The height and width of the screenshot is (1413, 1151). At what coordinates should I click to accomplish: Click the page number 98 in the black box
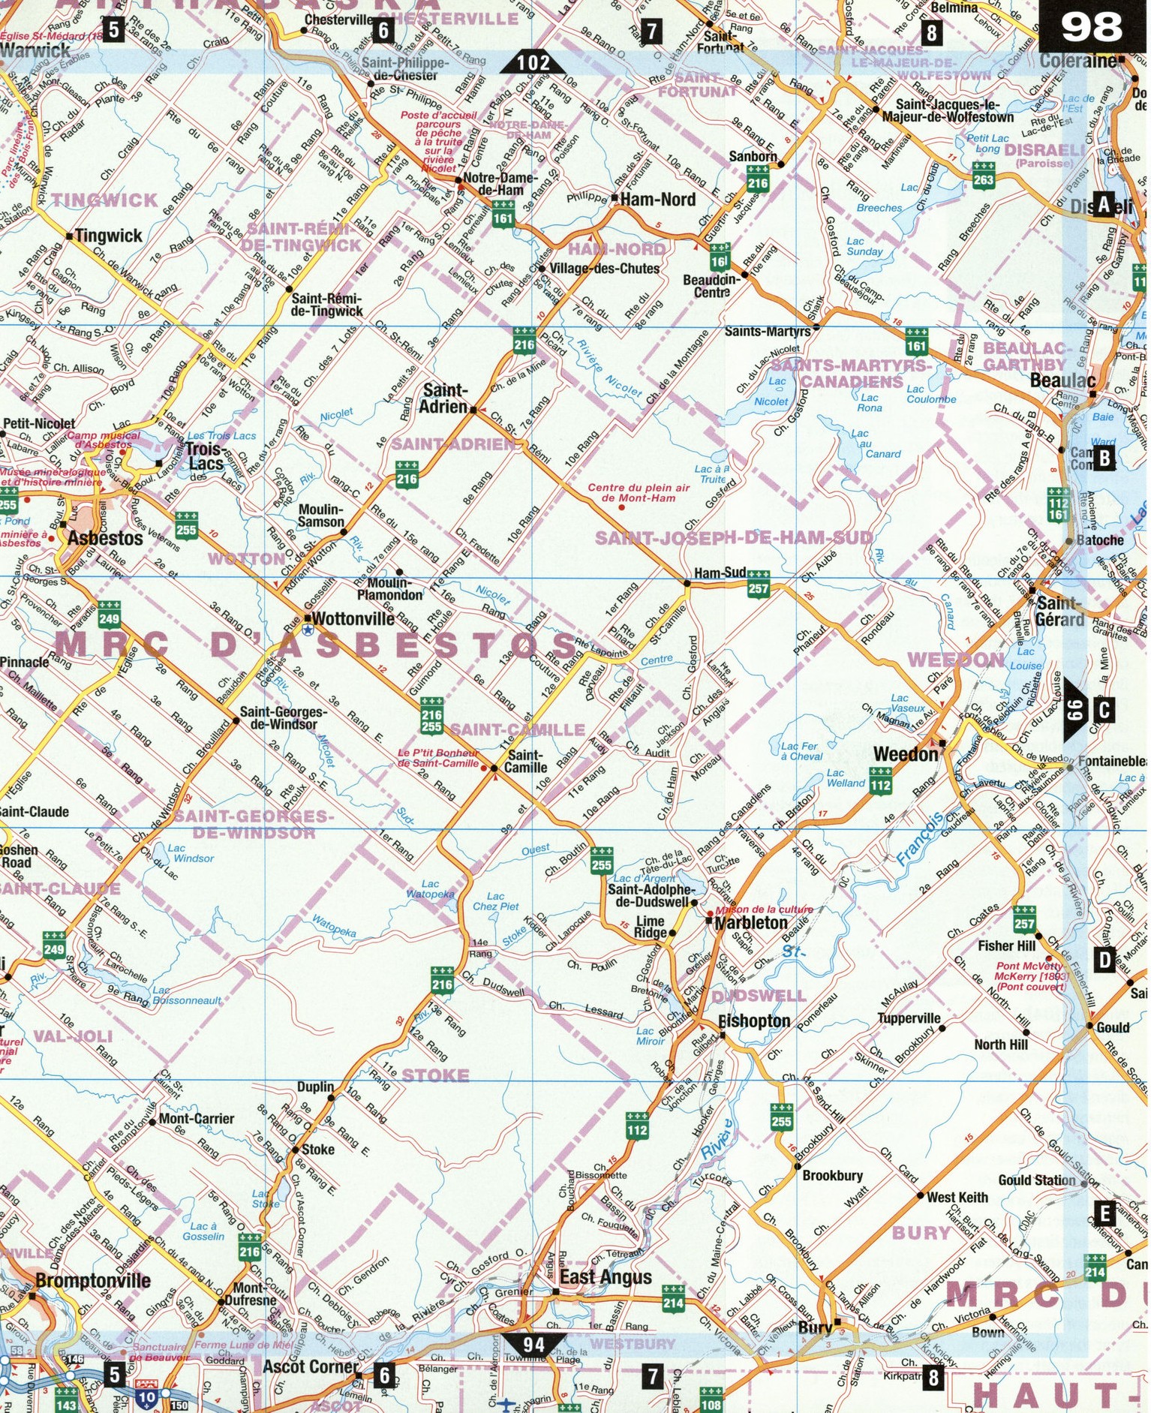point(1092,28)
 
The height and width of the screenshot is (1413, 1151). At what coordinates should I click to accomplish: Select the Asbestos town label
point(105,538)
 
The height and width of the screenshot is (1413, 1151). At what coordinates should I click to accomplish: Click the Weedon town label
point(906,754)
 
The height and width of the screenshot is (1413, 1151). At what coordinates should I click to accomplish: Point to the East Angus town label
point(606,1277)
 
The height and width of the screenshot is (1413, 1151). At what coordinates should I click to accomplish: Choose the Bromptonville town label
point(93,1280)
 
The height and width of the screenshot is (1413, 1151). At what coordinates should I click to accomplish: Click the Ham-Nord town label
point(658,200)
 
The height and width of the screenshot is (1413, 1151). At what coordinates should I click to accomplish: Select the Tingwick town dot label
point(108,236)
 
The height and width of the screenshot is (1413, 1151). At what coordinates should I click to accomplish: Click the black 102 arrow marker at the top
point(533,62)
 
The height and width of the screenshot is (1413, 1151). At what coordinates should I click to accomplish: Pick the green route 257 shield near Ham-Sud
point(758,588)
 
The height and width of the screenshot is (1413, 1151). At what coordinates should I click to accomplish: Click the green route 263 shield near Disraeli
point(983,179)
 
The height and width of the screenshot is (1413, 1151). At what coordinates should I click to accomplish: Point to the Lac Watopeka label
point(430,889)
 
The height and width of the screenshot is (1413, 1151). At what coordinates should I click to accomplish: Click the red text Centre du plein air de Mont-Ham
point(639,492)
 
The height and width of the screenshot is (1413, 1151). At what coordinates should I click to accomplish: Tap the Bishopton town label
point(754,1021)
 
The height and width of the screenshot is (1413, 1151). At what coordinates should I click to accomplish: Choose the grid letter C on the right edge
point(1104,709)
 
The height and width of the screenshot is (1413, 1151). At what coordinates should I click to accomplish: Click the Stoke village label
point(318,1149)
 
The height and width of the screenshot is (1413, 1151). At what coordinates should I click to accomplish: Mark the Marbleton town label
point(751,923)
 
